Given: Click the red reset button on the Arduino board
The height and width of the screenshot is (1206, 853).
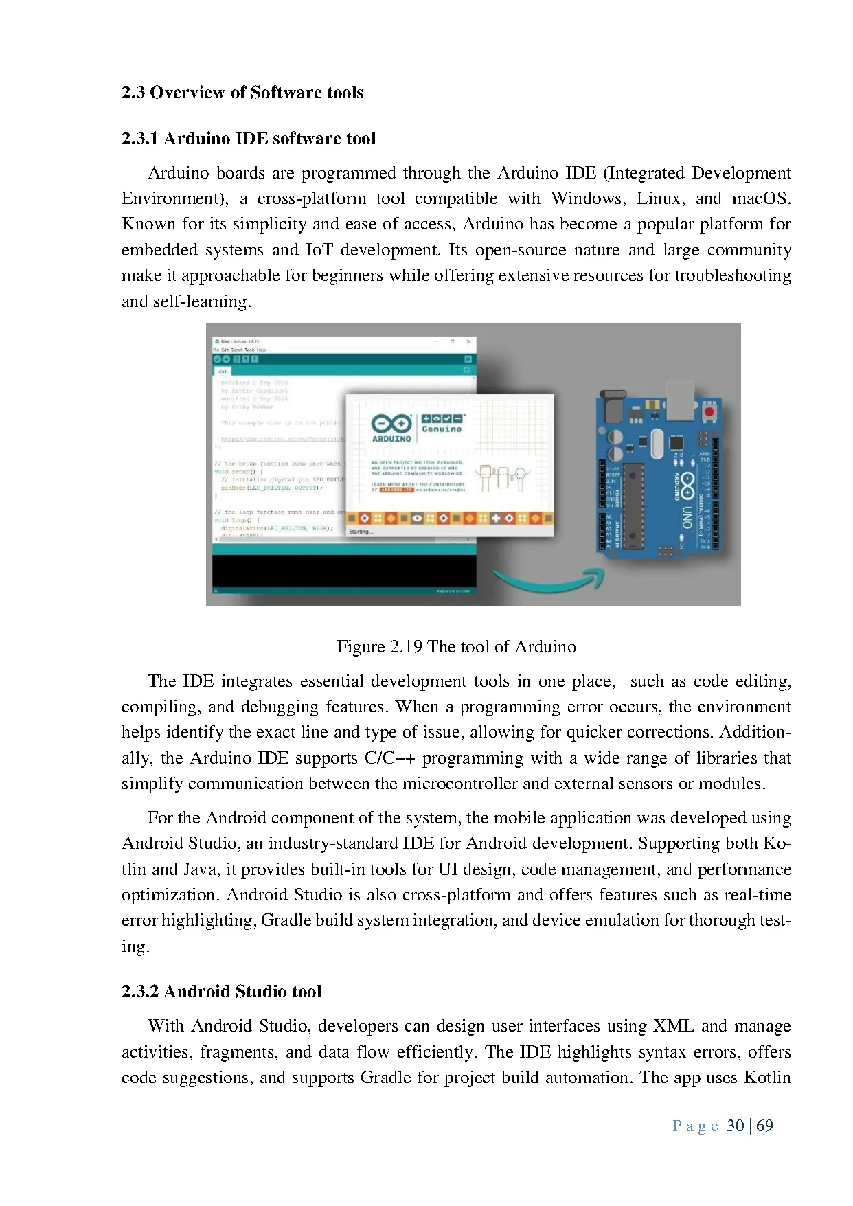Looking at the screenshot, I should tap(709, 411).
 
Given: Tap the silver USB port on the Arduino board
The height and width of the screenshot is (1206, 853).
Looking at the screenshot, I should tap(679, 400).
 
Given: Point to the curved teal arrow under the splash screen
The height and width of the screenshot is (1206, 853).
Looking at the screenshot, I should tap(549, 580).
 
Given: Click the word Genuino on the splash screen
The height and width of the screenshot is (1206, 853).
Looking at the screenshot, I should tap(442, 429).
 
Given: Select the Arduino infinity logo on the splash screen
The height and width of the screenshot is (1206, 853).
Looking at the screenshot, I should tap(391, 424).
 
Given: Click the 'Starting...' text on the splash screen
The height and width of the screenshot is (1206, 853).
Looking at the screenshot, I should tap(361, 532).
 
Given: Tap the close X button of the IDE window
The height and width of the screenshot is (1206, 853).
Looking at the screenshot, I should tap(468, 341).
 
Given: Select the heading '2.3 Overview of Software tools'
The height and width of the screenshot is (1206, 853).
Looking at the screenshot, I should tap(242, 92).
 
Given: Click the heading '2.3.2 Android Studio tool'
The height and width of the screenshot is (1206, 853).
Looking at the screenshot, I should tap(221, 991).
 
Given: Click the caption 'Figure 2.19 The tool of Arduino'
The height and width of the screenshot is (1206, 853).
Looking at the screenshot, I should tap(456, 646).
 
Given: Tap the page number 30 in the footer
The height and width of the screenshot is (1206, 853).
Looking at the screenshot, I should tap(735, 1126).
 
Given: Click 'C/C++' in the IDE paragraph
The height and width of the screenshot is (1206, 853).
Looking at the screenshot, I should tap(389, 758).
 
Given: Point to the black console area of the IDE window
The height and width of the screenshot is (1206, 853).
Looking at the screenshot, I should tap(343, 570).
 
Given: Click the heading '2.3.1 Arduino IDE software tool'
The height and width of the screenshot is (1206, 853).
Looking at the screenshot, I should tap(248, 138).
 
